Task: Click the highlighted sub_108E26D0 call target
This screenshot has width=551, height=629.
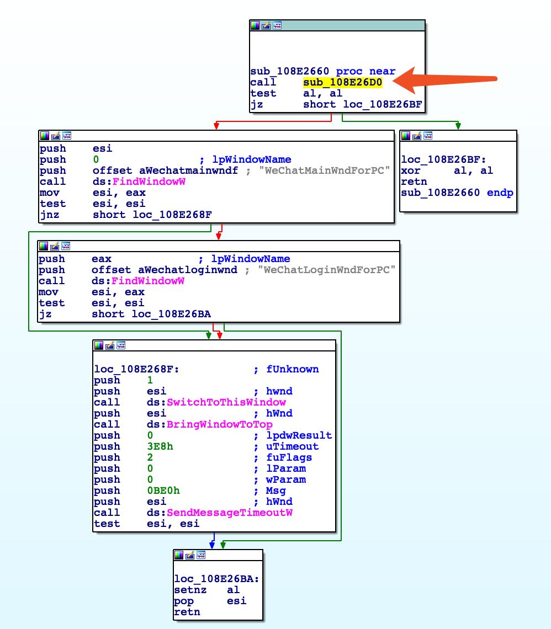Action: pos(342,82)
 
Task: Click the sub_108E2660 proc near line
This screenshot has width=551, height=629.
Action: pos(323,71)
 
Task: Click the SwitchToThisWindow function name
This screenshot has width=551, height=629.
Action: pos(226,402)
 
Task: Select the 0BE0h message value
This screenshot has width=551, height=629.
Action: pos(160,491)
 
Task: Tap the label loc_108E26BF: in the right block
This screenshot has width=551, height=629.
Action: pos(431,159)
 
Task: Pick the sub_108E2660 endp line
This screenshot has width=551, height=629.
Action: pos(457,193)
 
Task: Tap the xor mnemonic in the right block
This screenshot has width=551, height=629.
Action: pos(411,170)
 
